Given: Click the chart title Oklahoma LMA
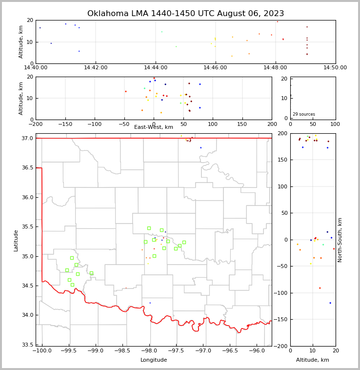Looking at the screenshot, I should point(185,14).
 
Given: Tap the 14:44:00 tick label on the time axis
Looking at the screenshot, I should point(156,68).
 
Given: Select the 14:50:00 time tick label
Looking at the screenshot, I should point(335,68).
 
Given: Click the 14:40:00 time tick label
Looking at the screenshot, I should point(36,68).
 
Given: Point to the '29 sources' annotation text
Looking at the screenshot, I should point(304,114).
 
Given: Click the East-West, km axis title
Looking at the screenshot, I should point(154,127).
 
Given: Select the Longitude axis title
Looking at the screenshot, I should point(154,360).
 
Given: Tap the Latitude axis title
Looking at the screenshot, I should point(16,240).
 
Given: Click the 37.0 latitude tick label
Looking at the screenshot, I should point(27,139).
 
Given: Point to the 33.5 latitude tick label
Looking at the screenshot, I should point(27,345).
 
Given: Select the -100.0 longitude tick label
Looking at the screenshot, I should point(42,350).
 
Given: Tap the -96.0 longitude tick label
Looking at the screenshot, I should point(257,350).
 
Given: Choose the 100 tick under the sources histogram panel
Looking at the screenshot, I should point(335,124).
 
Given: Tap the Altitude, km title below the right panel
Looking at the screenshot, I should point(313,360).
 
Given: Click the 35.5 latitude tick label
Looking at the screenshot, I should point(27,227).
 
